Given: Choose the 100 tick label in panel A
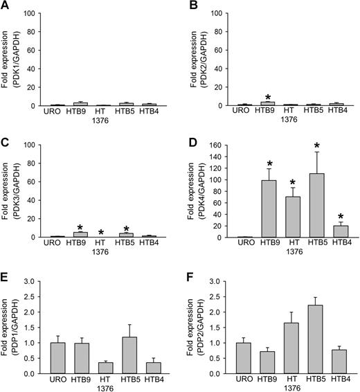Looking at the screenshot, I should click(35, 14).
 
